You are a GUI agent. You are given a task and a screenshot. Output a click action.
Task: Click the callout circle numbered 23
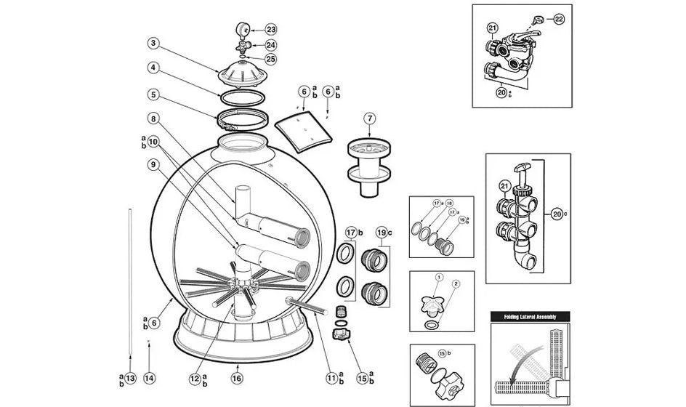pos(271,29)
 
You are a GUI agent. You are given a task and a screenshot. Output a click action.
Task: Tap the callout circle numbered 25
pos(271,58)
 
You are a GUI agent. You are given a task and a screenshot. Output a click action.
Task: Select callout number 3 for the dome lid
pos(153,43)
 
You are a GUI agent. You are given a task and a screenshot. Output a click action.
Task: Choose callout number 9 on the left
pos(153,164)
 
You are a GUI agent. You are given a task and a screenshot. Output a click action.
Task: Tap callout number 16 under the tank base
pos(237,377)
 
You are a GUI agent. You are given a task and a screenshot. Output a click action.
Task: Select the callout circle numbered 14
pos(150,377)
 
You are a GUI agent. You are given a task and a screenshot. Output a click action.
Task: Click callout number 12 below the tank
pos(194,377)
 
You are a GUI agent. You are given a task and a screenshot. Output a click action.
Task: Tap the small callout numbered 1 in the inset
pos(439,277)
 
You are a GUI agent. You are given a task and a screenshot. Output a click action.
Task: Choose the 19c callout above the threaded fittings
pos(383,233)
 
